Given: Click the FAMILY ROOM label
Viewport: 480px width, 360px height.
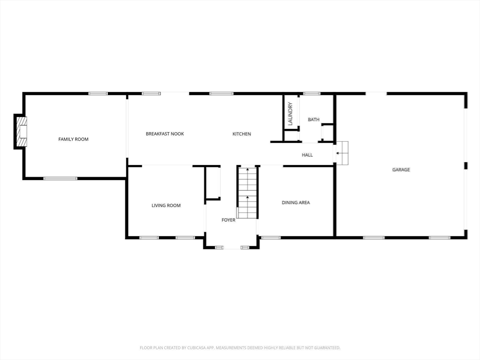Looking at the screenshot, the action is (74, 139).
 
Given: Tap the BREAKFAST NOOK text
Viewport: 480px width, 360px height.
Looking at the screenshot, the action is (165, 134).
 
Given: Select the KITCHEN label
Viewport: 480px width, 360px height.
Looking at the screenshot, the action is (241, 134).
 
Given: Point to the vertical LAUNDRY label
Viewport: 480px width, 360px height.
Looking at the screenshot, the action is (290, 113).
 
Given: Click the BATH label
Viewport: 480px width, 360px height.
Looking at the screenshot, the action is (314, 120).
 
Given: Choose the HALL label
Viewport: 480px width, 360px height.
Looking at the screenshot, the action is (307, 155).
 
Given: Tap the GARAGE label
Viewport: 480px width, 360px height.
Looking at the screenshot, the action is (401, 170).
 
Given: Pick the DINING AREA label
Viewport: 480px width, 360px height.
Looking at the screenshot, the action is (296, 202).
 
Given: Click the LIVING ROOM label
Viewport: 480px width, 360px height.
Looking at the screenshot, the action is (166, 205).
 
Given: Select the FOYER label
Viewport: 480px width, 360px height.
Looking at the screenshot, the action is (228, 220).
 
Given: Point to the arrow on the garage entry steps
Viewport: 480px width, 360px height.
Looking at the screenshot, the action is (339, 153).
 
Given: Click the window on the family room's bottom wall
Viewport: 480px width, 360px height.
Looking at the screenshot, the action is (60, 178).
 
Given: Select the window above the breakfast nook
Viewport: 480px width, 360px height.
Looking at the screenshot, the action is (151, 93).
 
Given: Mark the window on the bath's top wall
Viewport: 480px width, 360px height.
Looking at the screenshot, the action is (312, 93).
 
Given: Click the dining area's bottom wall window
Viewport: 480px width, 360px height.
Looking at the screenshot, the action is (270, 237).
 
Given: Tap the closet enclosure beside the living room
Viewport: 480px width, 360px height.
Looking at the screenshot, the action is (212, 183).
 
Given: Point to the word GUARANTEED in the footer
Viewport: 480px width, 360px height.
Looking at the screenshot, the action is (328, 348).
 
